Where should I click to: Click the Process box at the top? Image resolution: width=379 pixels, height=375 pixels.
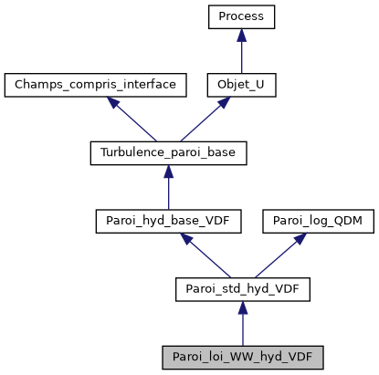tap(241, 17)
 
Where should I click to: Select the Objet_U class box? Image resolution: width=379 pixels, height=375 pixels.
tap(241, 86)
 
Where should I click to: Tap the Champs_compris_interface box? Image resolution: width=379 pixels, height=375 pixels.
tap(95, 86)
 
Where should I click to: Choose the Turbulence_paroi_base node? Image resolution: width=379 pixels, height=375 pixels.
tap(168, 153)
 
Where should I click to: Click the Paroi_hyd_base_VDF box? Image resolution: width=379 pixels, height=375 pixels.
tap(168, 221)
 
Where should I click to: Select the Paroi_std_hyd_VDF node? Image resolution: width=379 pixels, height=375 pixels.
tap(241, 289)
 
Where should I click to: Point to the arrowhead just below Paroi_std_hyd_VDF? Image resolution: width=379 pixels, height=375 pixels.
tap(241, 308)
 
